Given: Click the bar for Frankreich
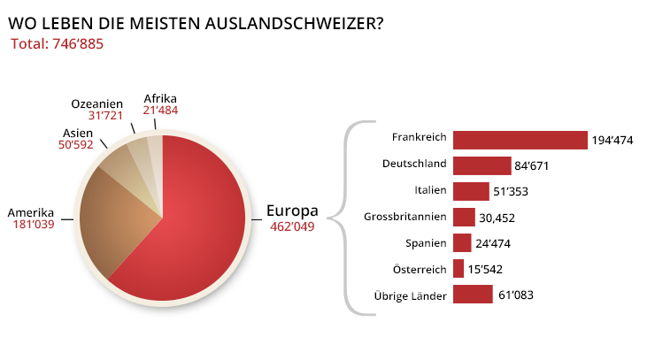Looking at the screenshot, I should coord(520,140).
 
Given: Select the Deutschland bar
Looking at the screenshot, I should coord(482,165).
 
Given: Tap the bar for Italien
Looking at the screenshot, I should coord(470,191).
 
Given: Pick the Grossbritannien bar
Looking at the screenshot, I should coord(464,217).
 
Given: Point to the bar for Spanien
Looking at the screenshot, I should coord(461,242).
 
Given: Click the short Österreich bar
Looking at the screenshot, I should coord(458,268).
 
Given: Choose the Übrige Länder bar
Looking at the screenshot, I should coord(472,294).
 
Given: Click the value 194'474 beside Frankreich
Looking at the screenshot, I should coord(613,141).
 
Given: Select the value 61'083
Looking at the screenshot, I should coord(516,295).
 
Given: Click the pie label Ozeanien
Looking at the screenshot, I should coord(96,103).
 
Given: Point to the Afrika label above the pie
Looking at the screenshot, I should coord(160,97).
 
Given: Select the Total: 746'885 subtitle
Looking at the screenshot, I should coord(58,42).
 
